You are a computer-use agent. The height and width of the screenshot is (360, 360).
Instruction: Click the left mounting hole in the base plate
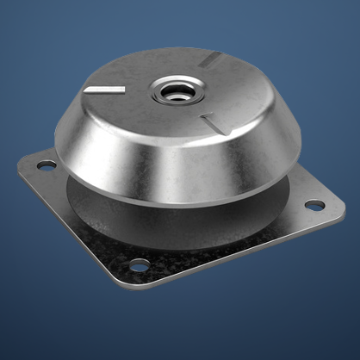tap(44, 164)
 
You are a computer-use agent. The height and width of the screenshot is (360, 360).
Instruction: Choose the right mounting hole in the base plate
tap(314, 206)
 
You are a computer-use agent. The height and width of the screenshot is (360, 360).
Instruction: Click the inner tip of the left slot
tap(126, 89)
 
